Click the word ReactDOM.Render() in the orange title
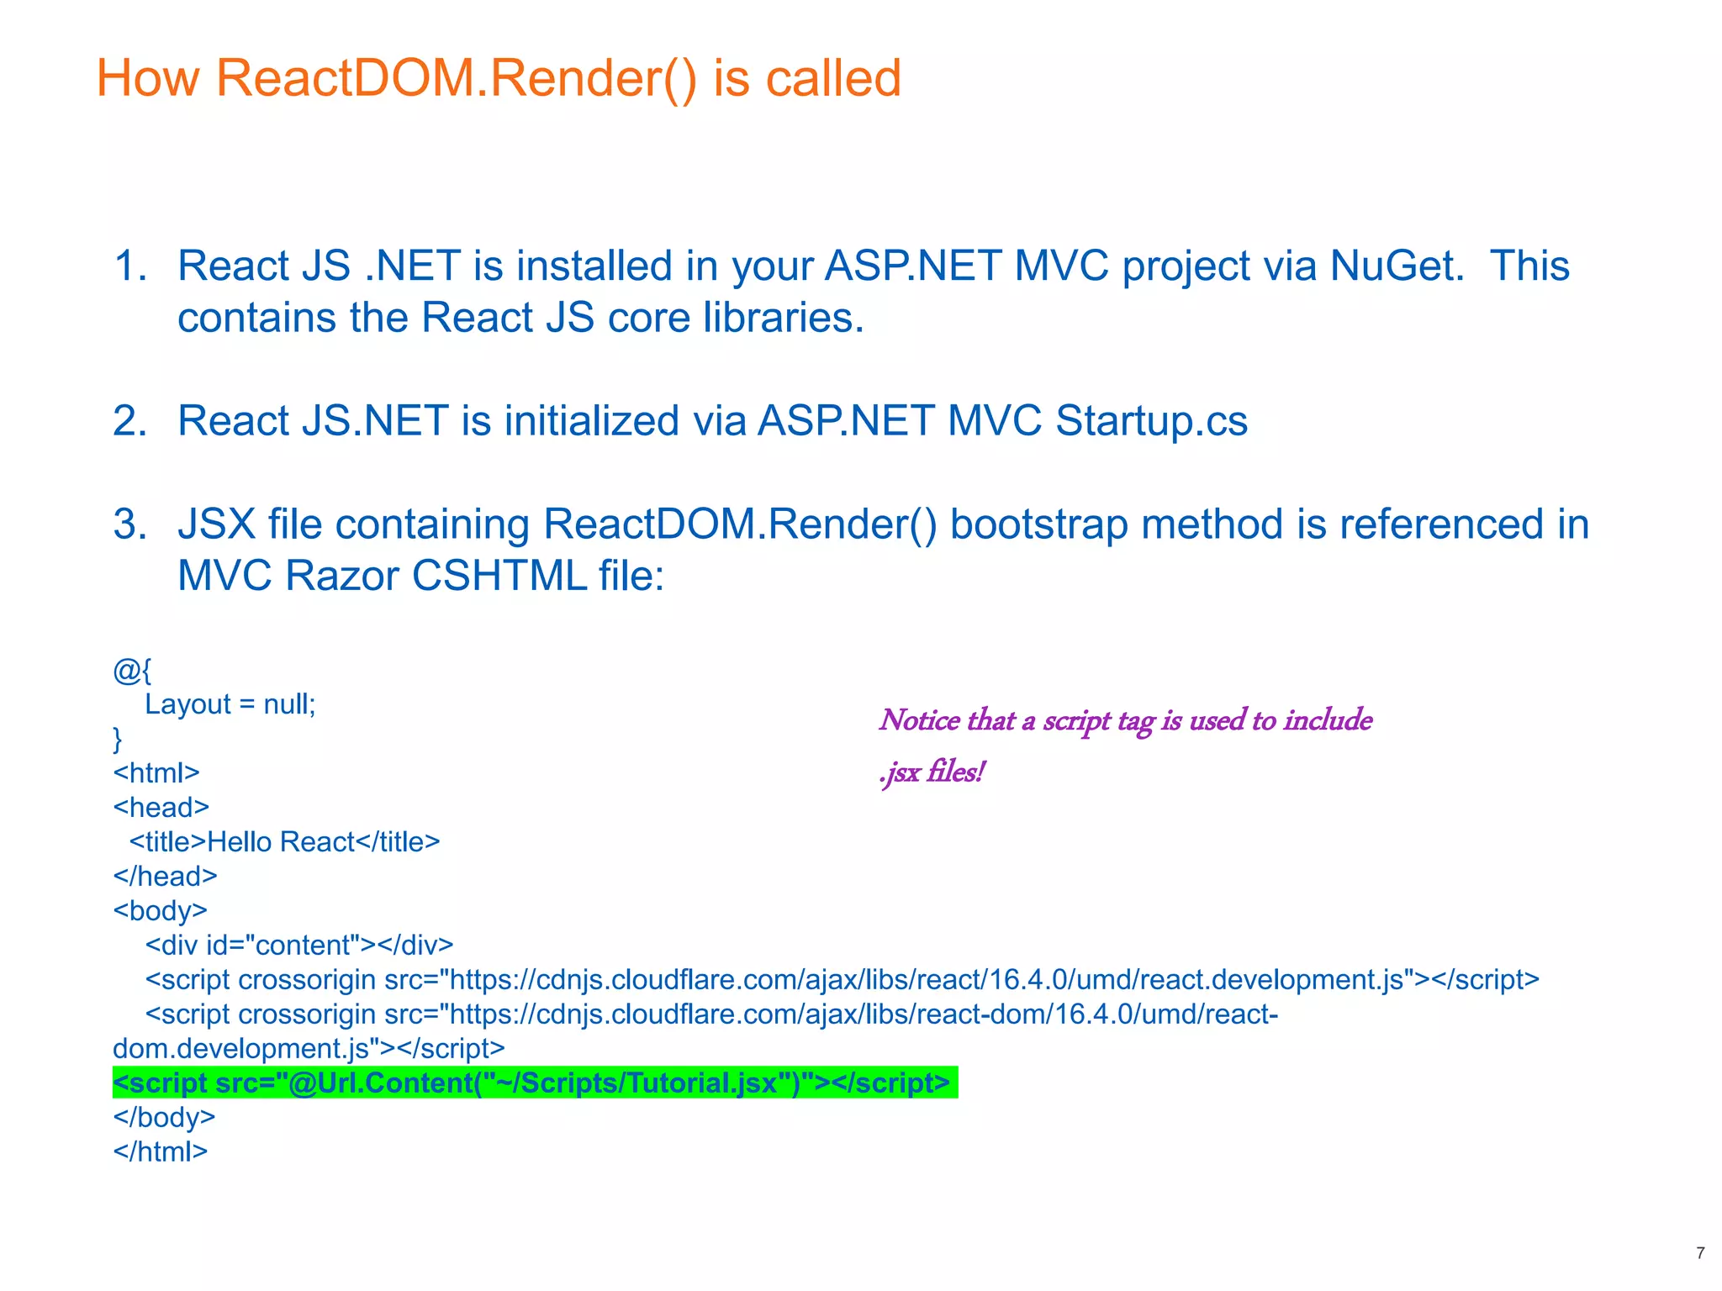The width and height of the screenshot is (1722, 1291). tap(457, 78)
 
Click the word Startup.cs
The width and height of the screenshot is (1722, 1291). tap(1151, 421)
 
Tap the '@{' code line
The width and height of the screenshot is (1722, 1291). tap(132, 671)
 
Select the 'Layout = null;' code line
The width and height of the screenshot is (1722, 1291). tap(230, 704)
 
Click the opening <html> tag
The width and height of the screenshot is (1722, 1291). tap(156, 773)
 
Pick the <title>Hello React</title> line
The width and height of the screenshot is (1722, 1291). tap(284, 842)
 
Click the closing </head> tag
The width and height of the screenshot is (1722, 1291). tap(165, 877)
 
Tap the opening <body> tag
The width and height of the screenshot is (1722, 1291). tap(160, 911)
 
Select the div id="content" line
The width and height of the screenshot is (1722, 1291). tap(298, 946)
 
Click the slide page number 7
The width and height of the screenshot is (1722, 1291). tap(1700, 1253)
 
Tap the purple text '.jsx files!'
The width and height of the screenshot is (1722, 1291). tap(932, 772)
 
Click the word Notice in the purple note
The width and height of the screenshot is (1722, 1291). tap(919, 720)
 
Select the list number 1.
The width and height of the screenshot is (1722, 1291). tap(129, 266)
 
